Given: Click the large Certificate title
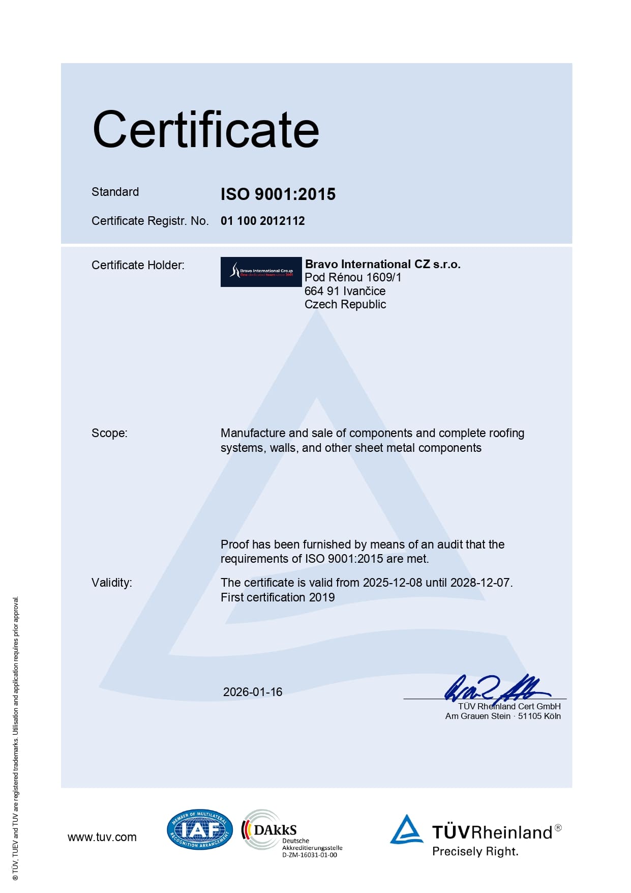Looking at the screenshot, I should click(x=206, y=130).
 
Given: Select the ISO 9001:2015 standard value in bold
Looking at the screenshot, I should click(x=278, y=194).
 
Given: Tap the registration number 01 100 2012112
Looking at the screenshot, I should click(x=262, y=221).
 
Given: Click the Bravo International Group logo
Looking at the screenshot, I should click(x=261, y=272).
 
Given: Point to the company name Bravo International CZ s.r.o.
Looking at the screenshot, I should click(x=382, y=264).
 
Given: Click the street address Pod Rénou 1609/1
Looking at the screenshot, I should click(x=353, y=277).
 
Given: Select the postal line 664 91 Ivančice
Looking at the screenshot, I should click(x=345, y=291).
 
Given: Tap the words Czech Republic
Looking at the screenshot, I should click(x=345, y=304).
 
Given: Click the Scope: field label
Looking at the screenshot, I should click(x=109, y=433).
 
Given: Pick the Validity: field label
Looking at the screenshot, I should click(x=111, y=583).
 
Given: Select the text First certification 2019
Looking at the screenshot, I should click(x=278, y=597).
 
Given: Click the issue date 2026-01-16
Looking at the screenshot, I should click(x=253, y=692).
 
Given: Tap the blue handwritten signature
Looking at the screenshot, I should click(x=496, y=688).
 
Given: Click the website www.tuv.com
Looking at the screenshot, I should click(x=102, y=837).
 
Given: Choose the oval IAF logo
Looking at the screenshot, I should click(x=199, y=830).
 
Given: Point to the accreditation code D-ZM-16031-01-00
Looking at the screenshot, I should click(x=309, y=855).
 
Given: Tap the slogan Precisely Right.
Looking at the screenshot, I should click(x=475, y=851).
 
